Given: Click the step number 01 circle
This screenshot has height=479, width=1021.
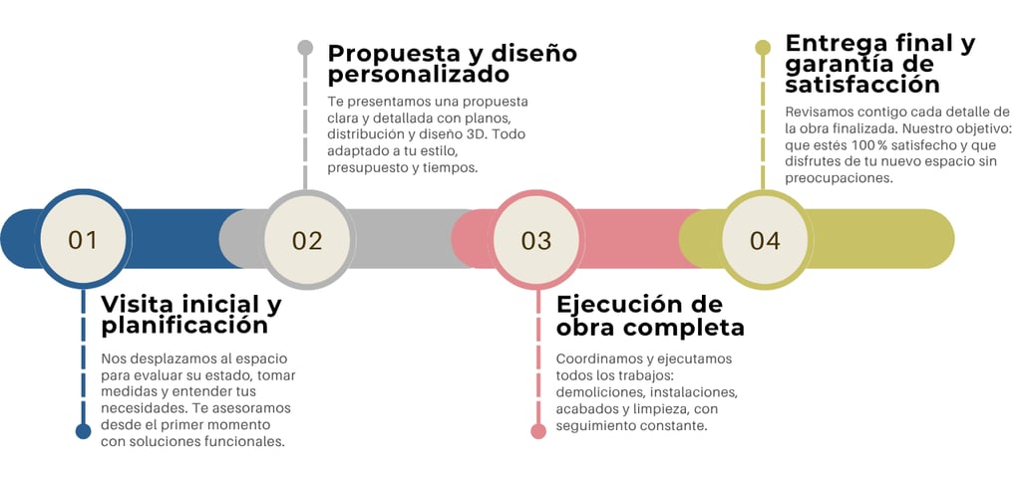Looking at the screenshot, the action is pos(83,240).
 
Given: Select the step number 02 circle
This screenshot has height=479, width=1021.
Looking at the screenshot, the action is pos(307,240).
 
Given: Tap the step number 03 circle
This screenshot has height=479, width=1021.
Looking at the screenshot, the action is pos(536,240).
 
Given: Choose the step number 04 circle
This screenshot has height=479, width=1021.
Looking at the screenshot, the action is pos(765,240).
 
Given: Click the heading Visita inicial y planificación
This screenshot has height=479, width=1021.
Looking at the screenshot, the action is pos(190,315).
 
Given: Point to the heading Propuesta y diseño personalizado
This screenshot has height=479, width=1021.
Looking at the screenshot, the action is pos(452,63).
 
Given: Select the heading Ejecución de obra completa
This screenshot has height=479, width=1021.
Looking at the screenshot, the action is pos(650,316).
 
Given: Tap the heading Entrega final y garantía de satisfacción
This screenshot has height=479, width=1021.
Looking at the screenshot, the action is pos(879,64).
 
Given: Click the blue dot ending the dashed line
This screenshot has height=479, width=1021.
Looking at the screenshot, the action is pos(83,431).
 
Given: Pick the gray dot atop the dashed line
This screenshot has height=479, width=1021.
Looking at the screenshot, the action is pos(305,48).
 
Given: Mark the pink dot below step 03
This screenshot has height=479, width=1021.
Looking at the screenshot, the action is pos(538,431).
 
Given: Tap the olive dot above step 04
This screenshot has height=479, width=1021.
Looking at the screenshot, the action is pos(763,47).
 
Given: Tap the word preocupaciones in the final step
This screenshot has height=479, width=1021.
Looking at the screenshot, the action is pos(838,178).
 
